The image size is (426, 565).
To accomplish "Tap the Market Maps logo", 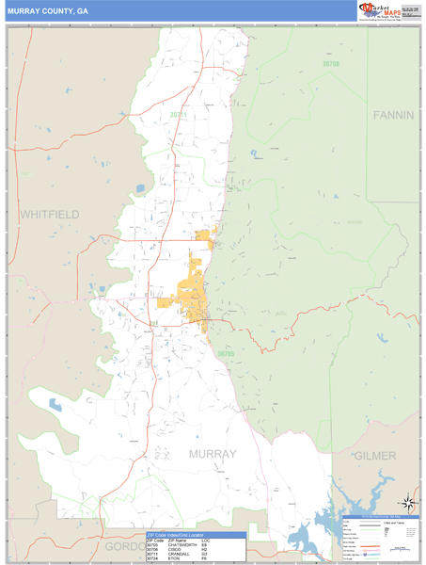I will coord(380,10).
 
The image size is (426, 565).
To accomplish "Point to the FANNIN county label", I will coord(392,115).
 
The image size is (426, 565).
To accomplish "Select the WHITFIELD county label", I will coord(50,215).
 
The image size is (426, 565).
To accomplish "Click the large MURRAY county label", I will coord(213,454).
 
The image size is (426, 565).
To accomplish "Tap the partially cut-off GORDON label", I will coord(123,546).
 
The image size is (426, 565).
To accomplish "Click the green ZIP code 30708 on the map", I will coord(330,64).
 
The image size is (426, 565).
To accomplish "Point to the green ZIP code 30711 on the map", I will coord(179,115).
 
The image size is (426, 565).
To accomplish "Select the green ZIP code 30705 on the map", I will coord(226,354).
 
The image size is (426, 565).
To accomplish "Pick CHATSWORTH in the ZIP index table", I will coord(183,544).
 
